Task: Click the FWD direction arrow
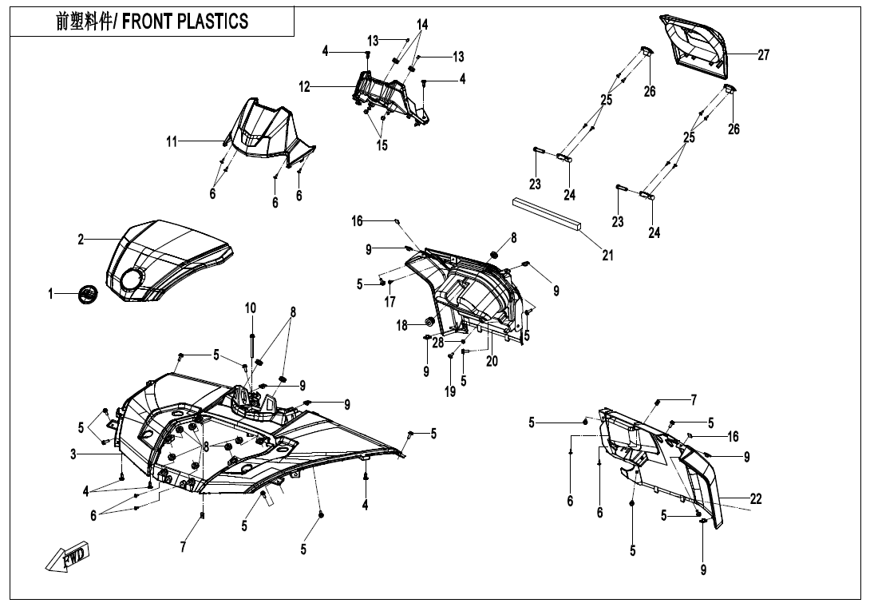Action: pyautogui.click(x=69, y=557)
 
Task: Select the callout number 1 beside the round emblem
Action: pyautogui.click(x=52, y=295)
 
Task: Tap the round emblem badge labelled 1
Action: pyautogui.click(x=86, y=294)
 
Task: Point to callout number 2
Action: pyautogui.click(x=81, y=240)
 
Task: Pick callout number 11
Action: pyautogui.click(x=172, y=141)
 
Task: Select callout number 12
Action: pyautogui.click(x=305, y=87)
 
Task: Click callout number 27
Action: pyautogui.click(x=763, y=55)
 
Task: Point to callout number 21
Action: pyautogui.click(x=607, y=256)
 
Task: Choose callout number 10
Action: pyautogui.click(x=251, y=308)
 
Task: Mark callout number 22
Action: pyautogui.click(x=756, y=499)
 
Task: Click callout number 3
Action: pyautogui.click(x=73, y=454)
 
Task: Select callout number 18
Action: pyautogui.click(x=402, y=325)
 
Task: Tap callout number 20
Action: pyautogui.click(x=492, y=361)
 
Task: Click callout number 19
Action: pyautogui.click(x=450, y=391)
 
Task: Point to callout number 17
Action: pyautogui.click(x=390, y=302)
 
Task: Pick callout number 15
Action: pyautogui.click(x=382, y=145)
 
